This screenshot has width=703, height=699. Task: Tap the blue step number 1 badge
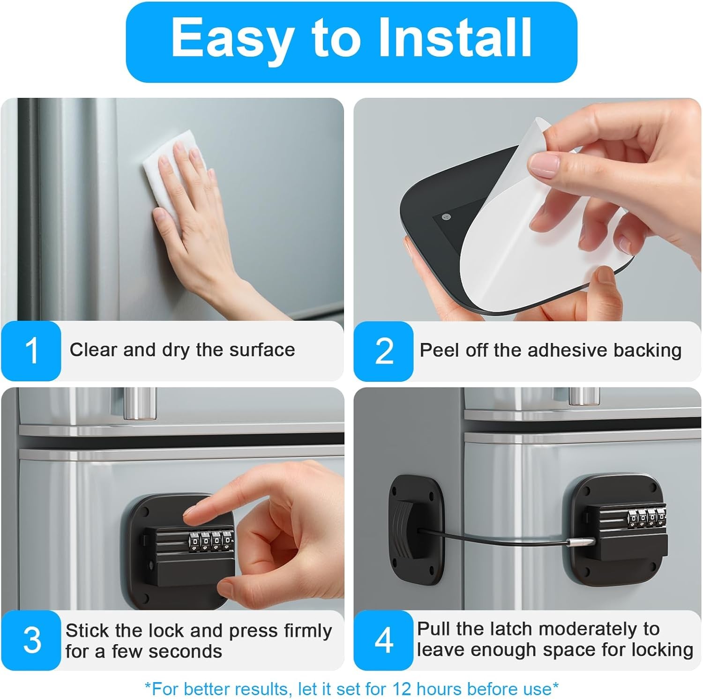(x=31, y=350)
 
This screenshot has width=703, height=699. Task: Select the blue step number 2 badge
(x=384, y=350)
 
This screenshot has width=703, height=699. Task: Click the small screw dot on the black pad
(x=445, y=216)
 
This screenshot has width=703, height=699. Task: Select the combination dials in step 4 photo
(x=647, y=517)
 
